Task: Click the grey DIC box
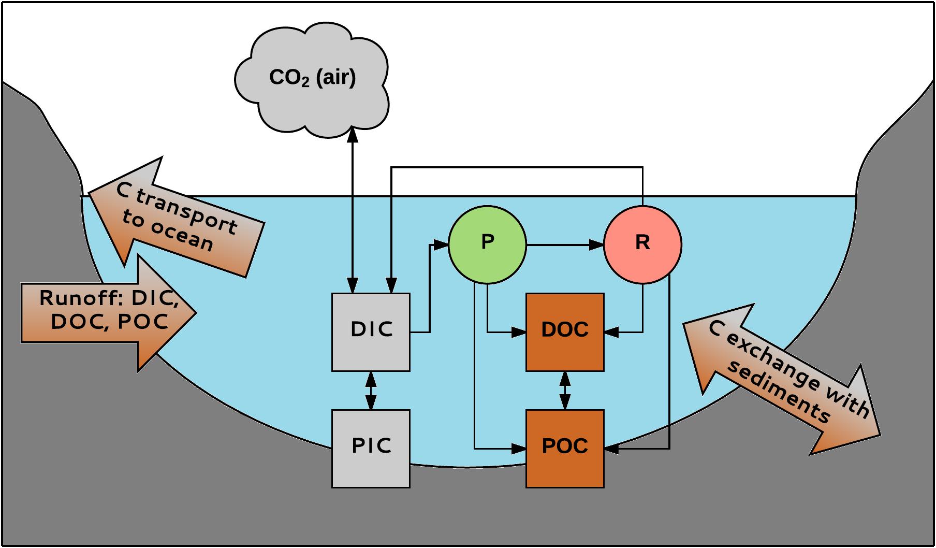[x=371, y=332]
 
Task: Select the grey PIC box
[x=371, y=449]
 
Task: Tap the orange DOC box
[x=565, y=332]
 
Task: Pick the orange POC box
[x=565, y=449]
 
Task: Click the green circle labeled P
[x=487, y=244]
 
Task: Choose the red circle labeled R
[x=642, y=244]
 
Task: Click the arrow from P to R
[x=564, y=244]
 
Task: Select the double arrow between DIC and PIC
[x=371, y=391]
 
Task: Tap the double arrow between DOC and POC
[x=565, y=391]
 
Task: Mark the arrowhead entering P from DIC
[x=441, y=244]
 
